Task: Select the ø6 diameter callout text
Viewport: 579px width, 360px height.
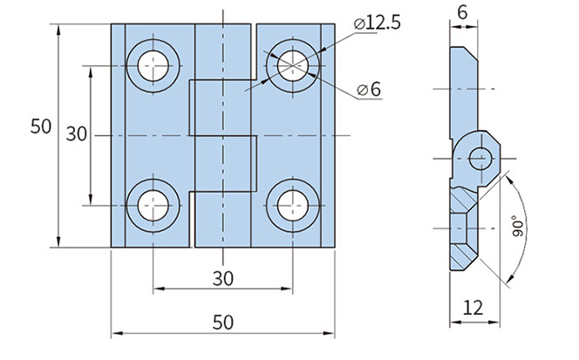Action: point(370,90)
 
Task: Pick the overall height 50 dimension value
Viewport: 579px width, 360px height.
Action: point(40,126)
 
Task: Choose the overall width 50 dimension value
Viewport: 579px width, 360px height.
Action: point(222,322)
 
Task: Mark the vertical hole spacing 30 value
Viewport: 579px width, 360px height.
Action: point(77,134)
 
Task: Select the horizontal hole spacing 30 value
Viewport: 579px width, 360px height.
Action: point(222,278)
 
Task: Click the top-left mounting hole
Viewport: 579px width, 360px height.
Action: point(153,64)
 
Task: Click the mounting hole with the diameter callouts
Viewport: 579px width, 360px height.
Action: point(293,64)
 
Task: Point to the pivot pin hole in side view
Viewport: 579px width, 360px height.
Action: point(480,159)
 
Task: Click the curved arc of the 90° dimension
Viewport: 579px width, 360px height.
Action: point(523,209)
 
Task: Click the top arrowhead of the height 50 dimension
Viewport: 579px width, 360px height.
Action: point(58,29)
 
